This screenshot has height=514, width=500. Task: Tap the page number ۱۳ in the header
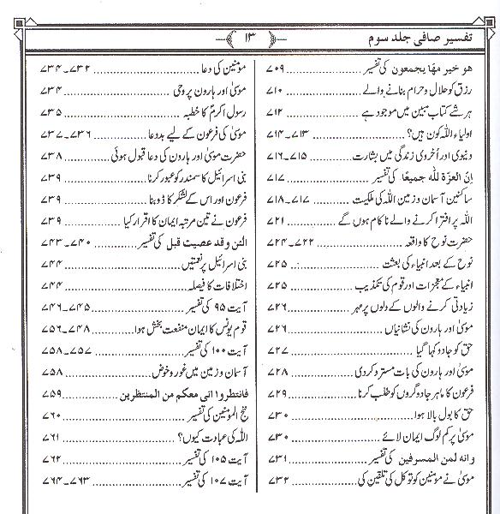[250, 38]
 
